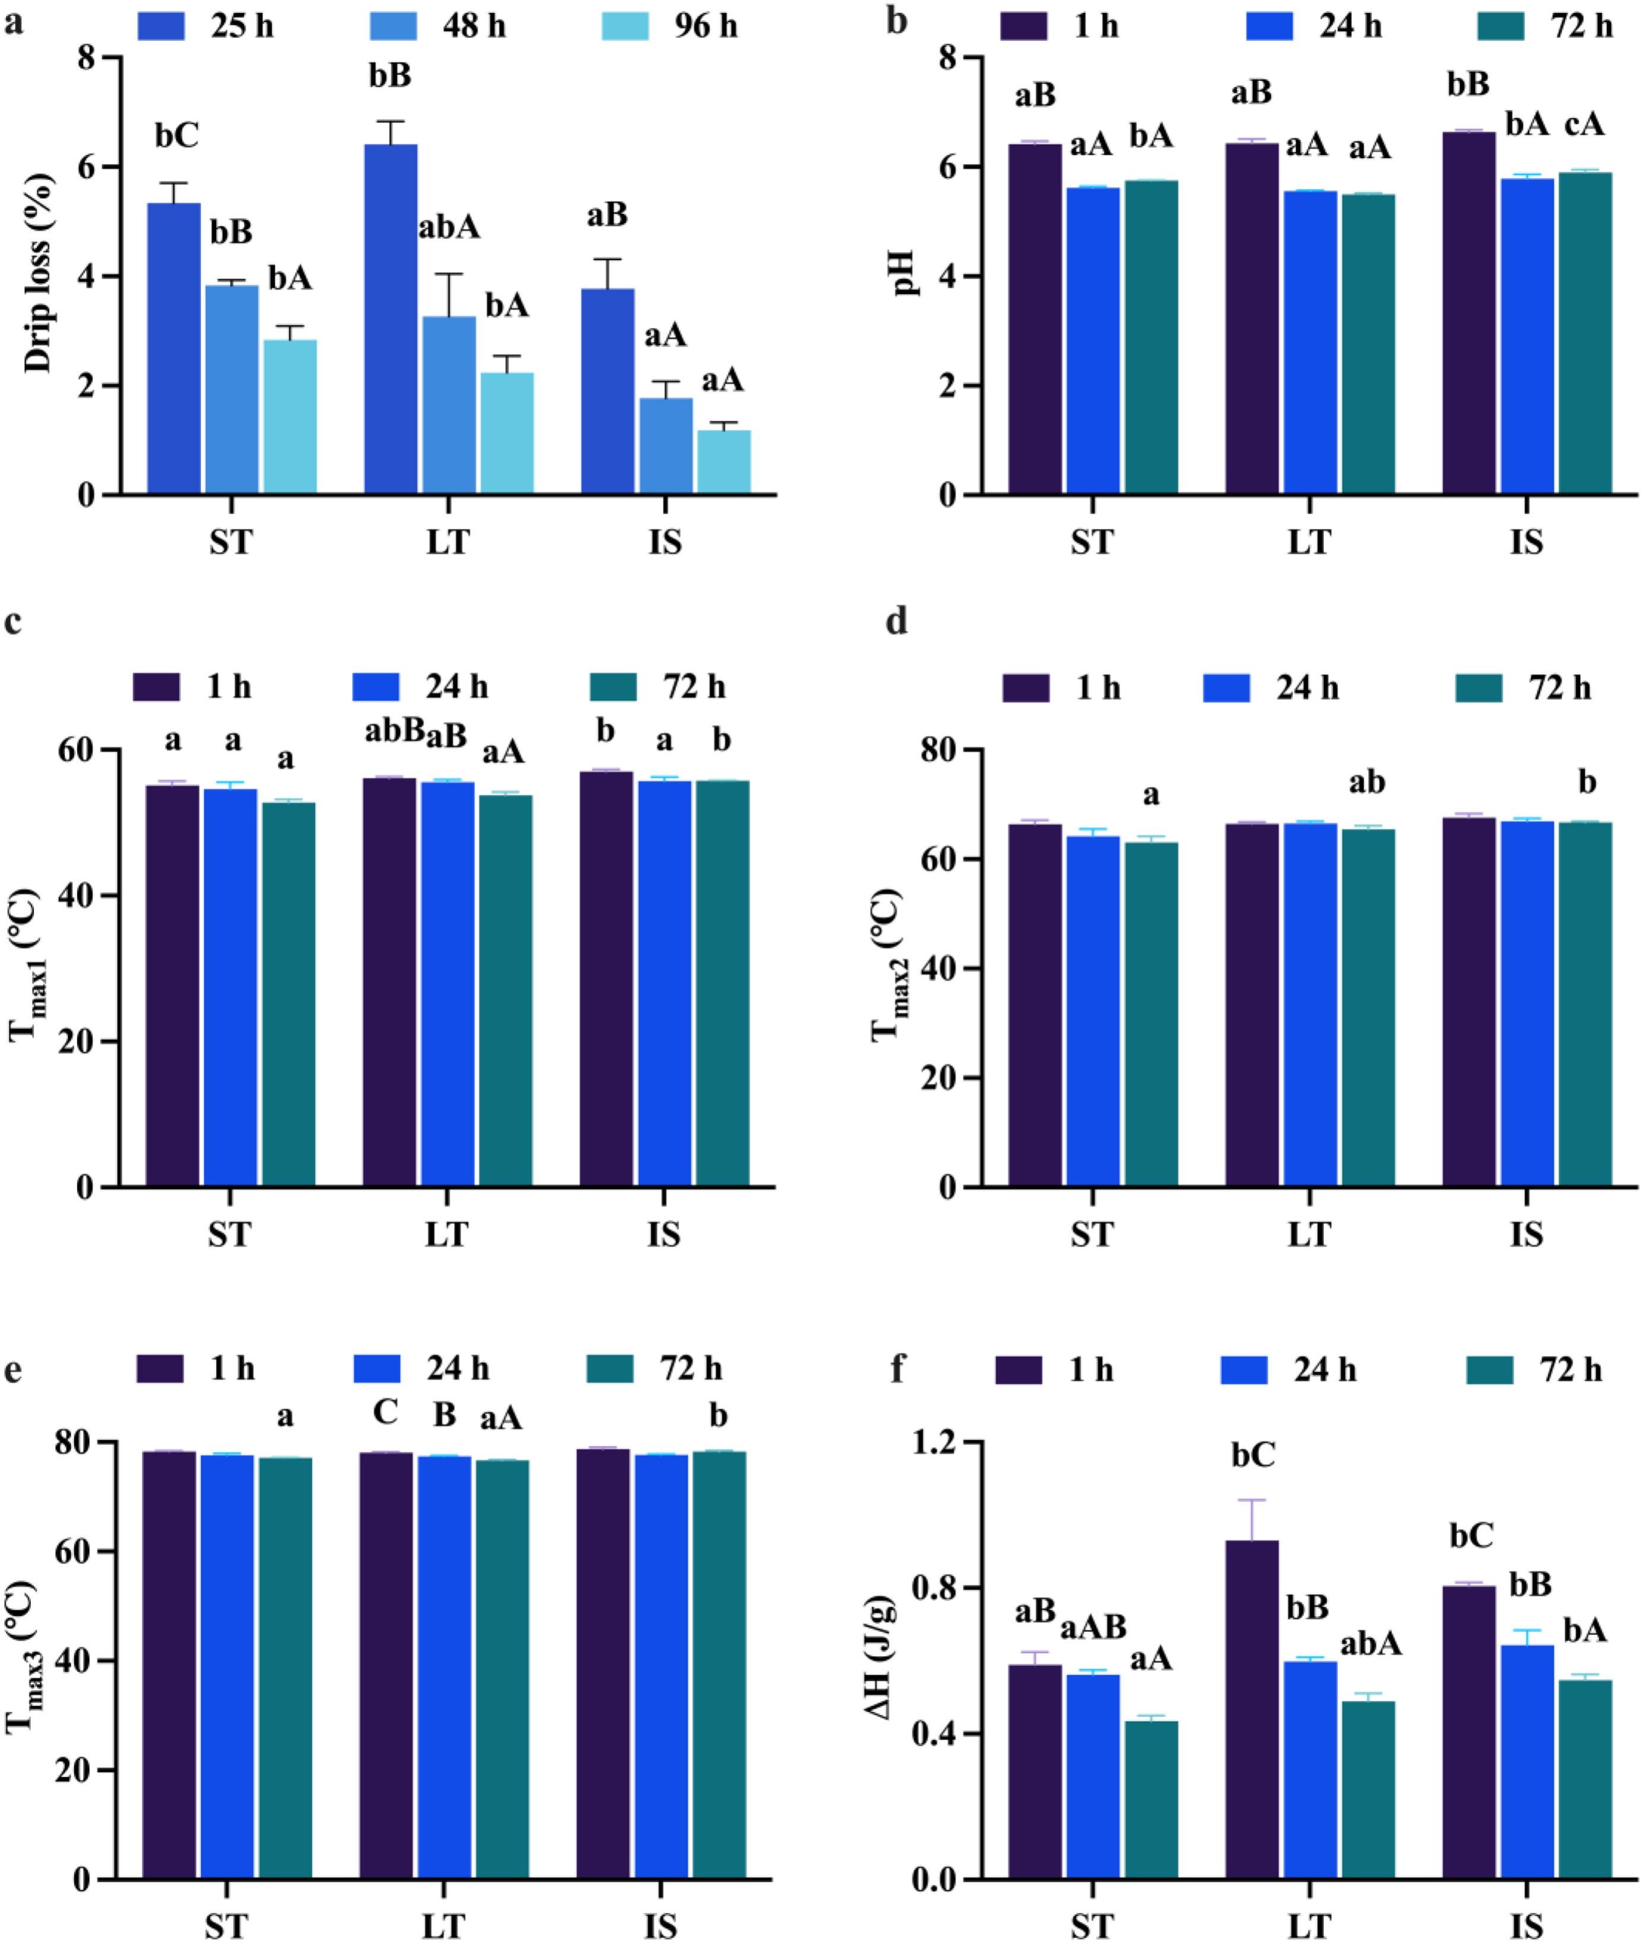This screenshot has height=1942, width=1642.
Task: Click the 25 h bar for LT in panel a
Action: tap(390, 320)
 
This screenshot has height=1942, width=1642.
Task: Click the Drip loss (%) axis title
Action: tap(39, 276)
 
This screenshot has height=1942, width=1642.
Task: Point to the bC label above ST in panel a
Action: tap(177, 137)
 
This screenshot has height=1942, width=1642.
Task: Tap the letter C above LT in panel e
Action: tap(385, 1412)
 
